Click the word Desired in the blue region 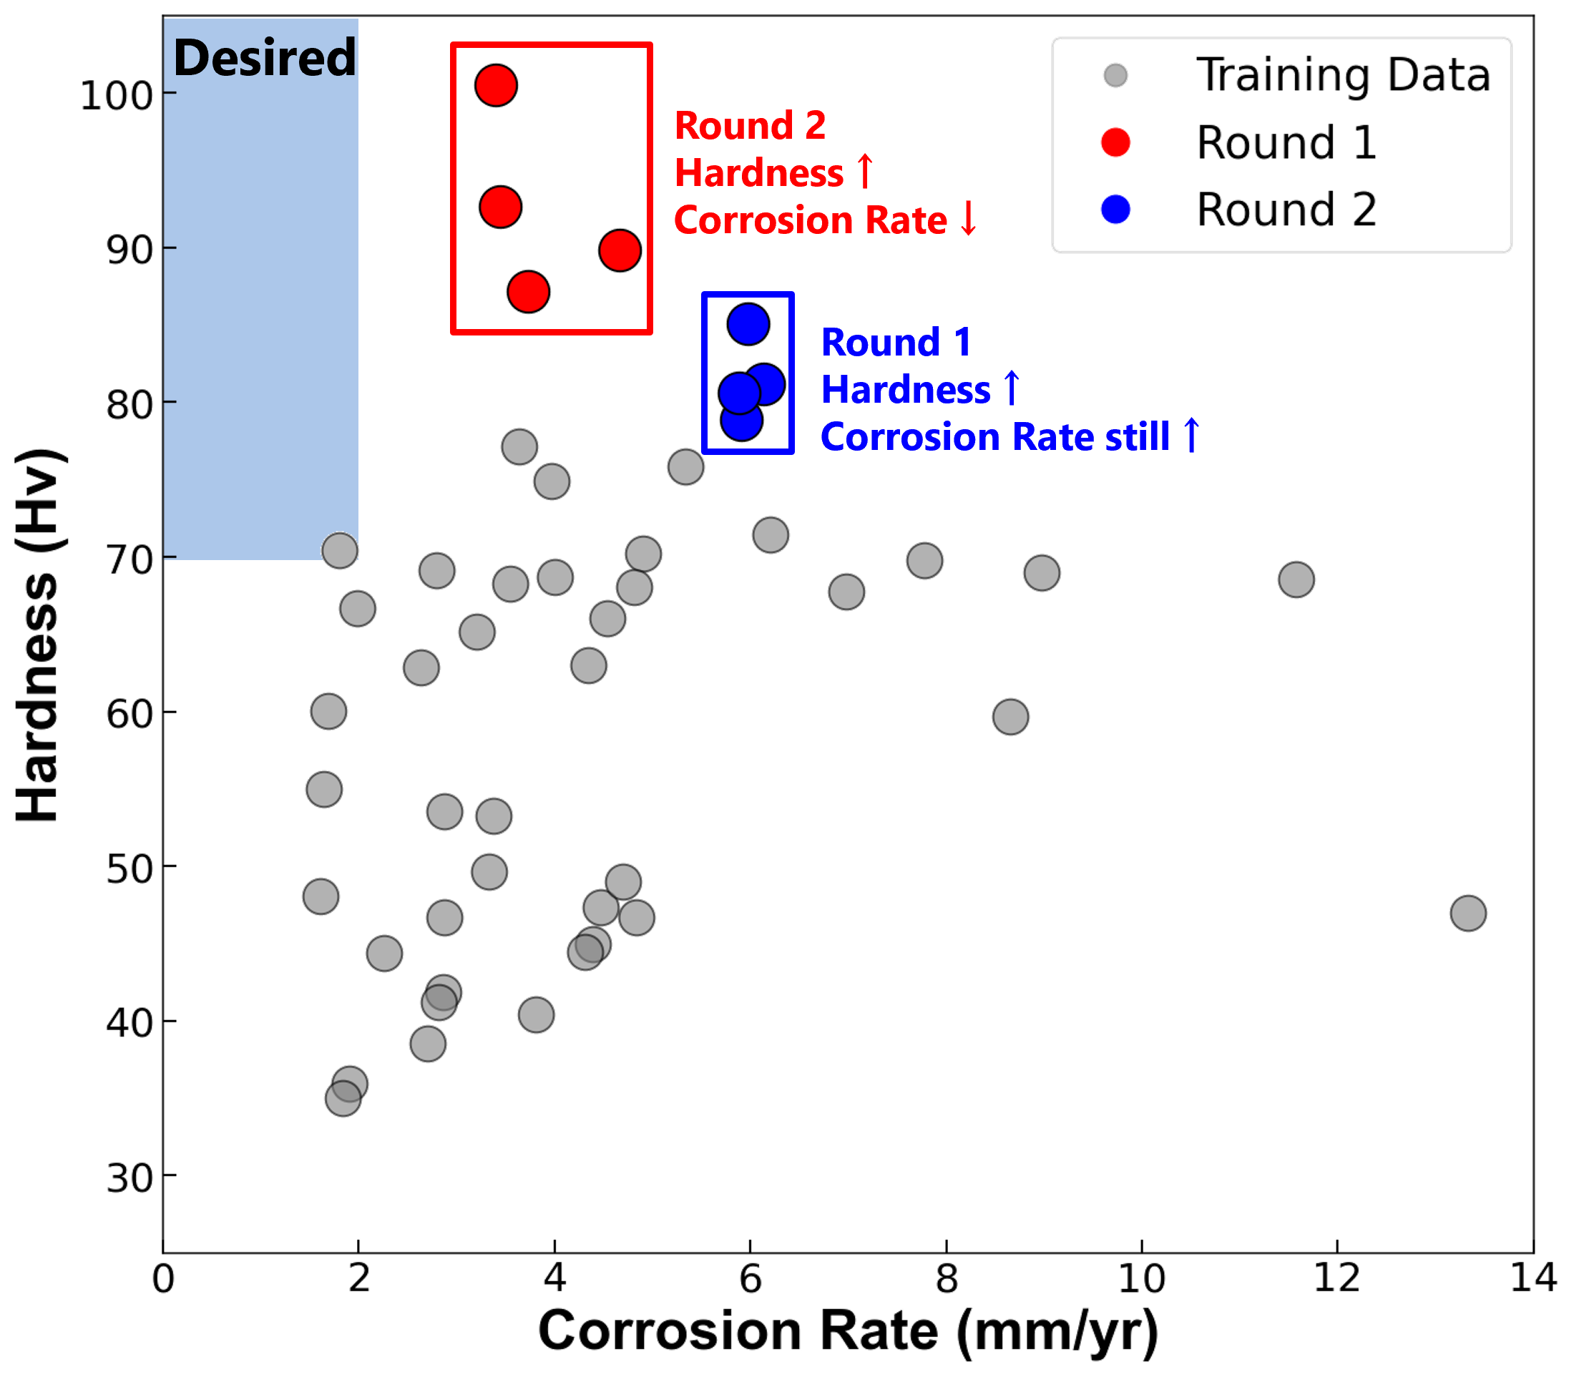click(x=265, y=59)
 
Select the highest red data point click(x=496, y=84)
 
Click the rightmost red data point click(x=620, y=250)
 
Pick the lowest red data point click(x=528, y=292)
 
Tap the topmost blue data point click(x=748, y=323)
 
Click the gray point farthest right click(x=1468, y=913)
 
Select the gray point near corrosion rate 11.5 click(x=1296, y=579)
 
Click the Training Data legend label click(x=1342, y=75)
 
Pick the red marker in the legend click(x=1115, y=143)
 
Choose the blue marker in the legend click(x=1115, y=210)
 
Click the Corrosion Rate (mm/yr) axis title click(x=848, y=1331)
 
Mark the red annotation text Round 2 click(x=750, y=125)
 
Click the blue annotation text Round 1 click(x=896, y=342)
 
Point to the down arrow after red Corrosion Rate click(x=969, y=220)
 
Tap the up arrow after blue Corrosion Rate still click(x=1191, y=436)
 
